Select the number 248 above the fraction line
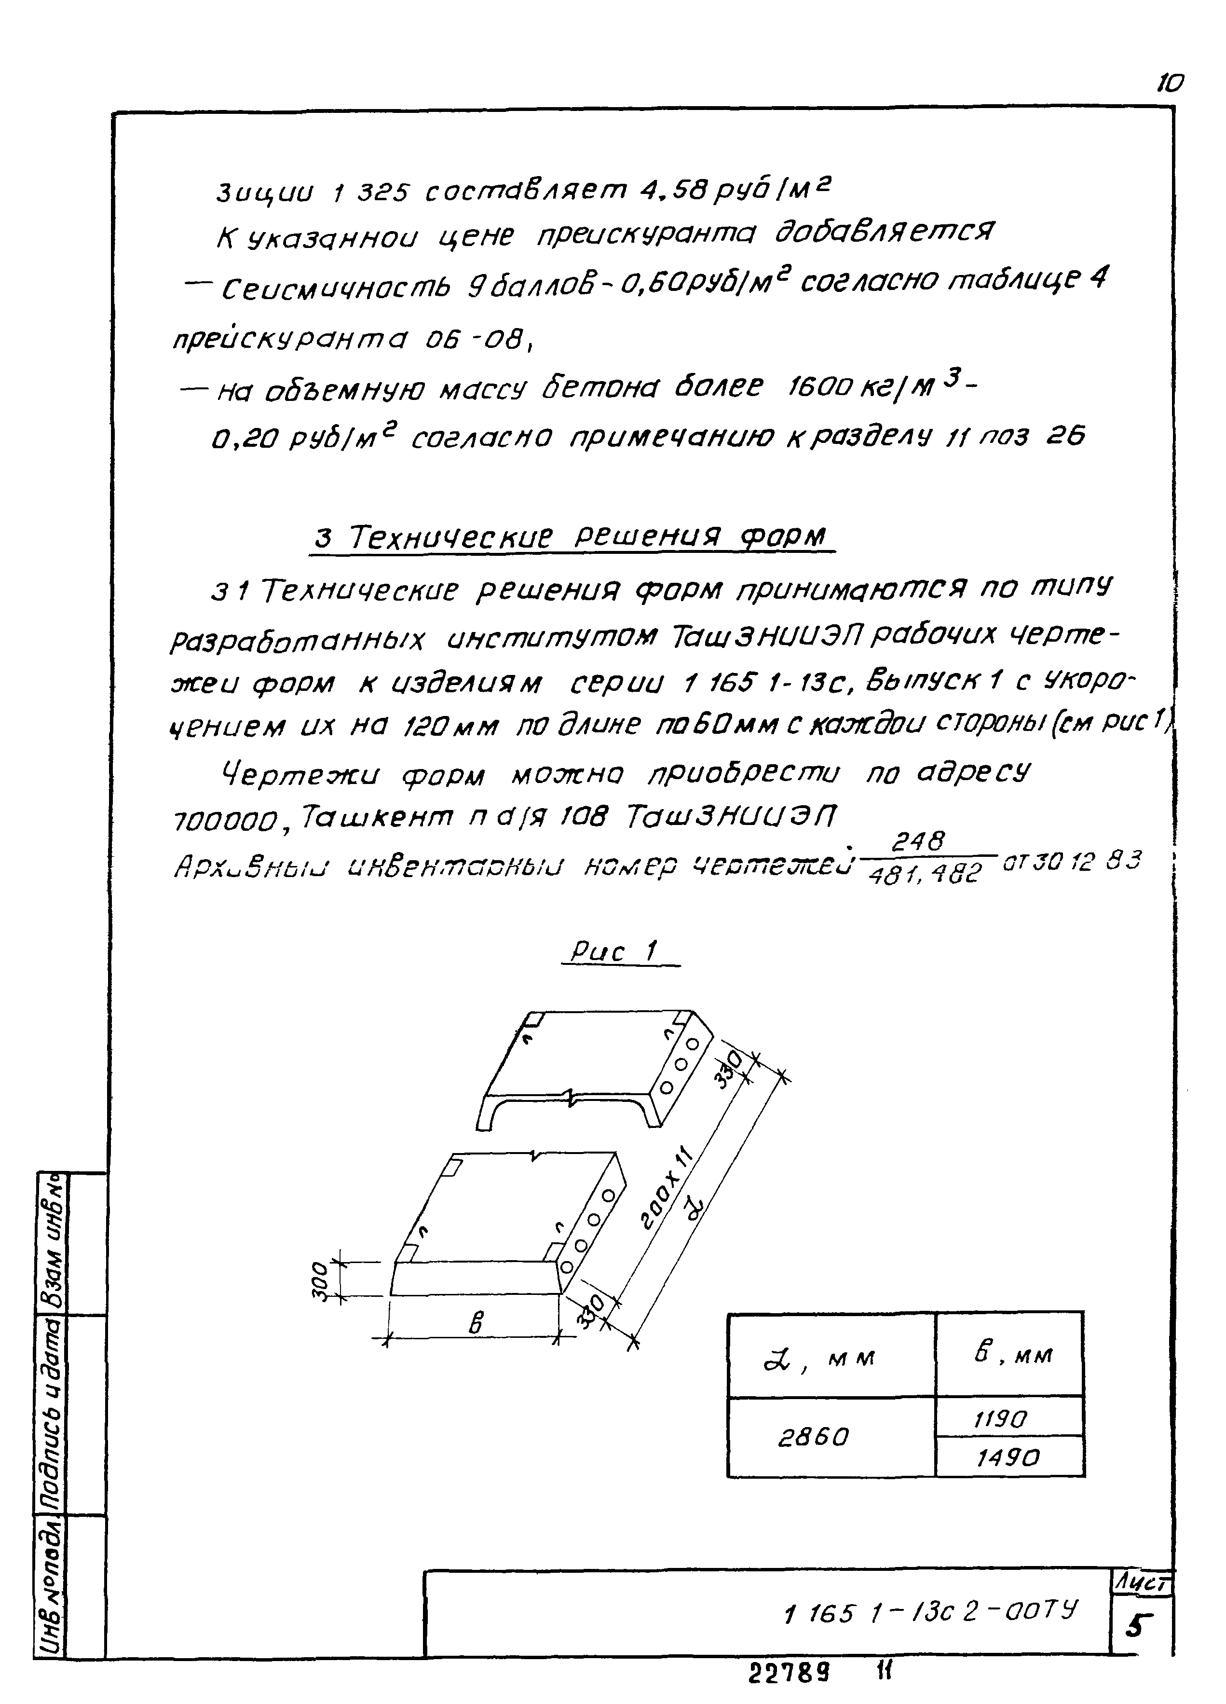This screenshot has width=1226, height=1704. click(x=917, y=842)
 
